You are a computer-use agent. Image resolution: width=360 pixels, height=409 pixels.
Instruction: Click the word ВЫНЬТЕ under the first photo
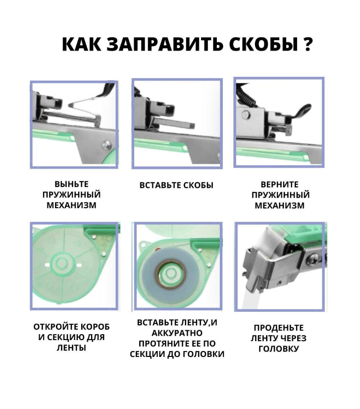[72, 184]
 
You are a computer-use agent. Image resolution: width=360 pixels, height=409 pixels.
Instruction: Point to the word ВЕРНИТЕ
[279, 184]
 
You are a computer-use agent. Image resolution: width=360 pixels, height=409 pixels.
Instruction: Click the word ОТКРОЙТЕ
[55, 327]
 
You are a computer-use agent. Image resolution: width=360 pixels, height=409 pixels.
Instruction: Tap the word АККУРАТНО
[177, 333]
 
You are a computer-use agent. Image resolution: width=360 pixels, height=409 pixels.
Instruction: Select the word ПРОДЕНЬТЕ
[279, 328]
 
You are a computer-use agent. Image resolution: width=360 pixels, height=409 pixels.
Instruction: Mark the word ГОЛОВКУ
[279, 349]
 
